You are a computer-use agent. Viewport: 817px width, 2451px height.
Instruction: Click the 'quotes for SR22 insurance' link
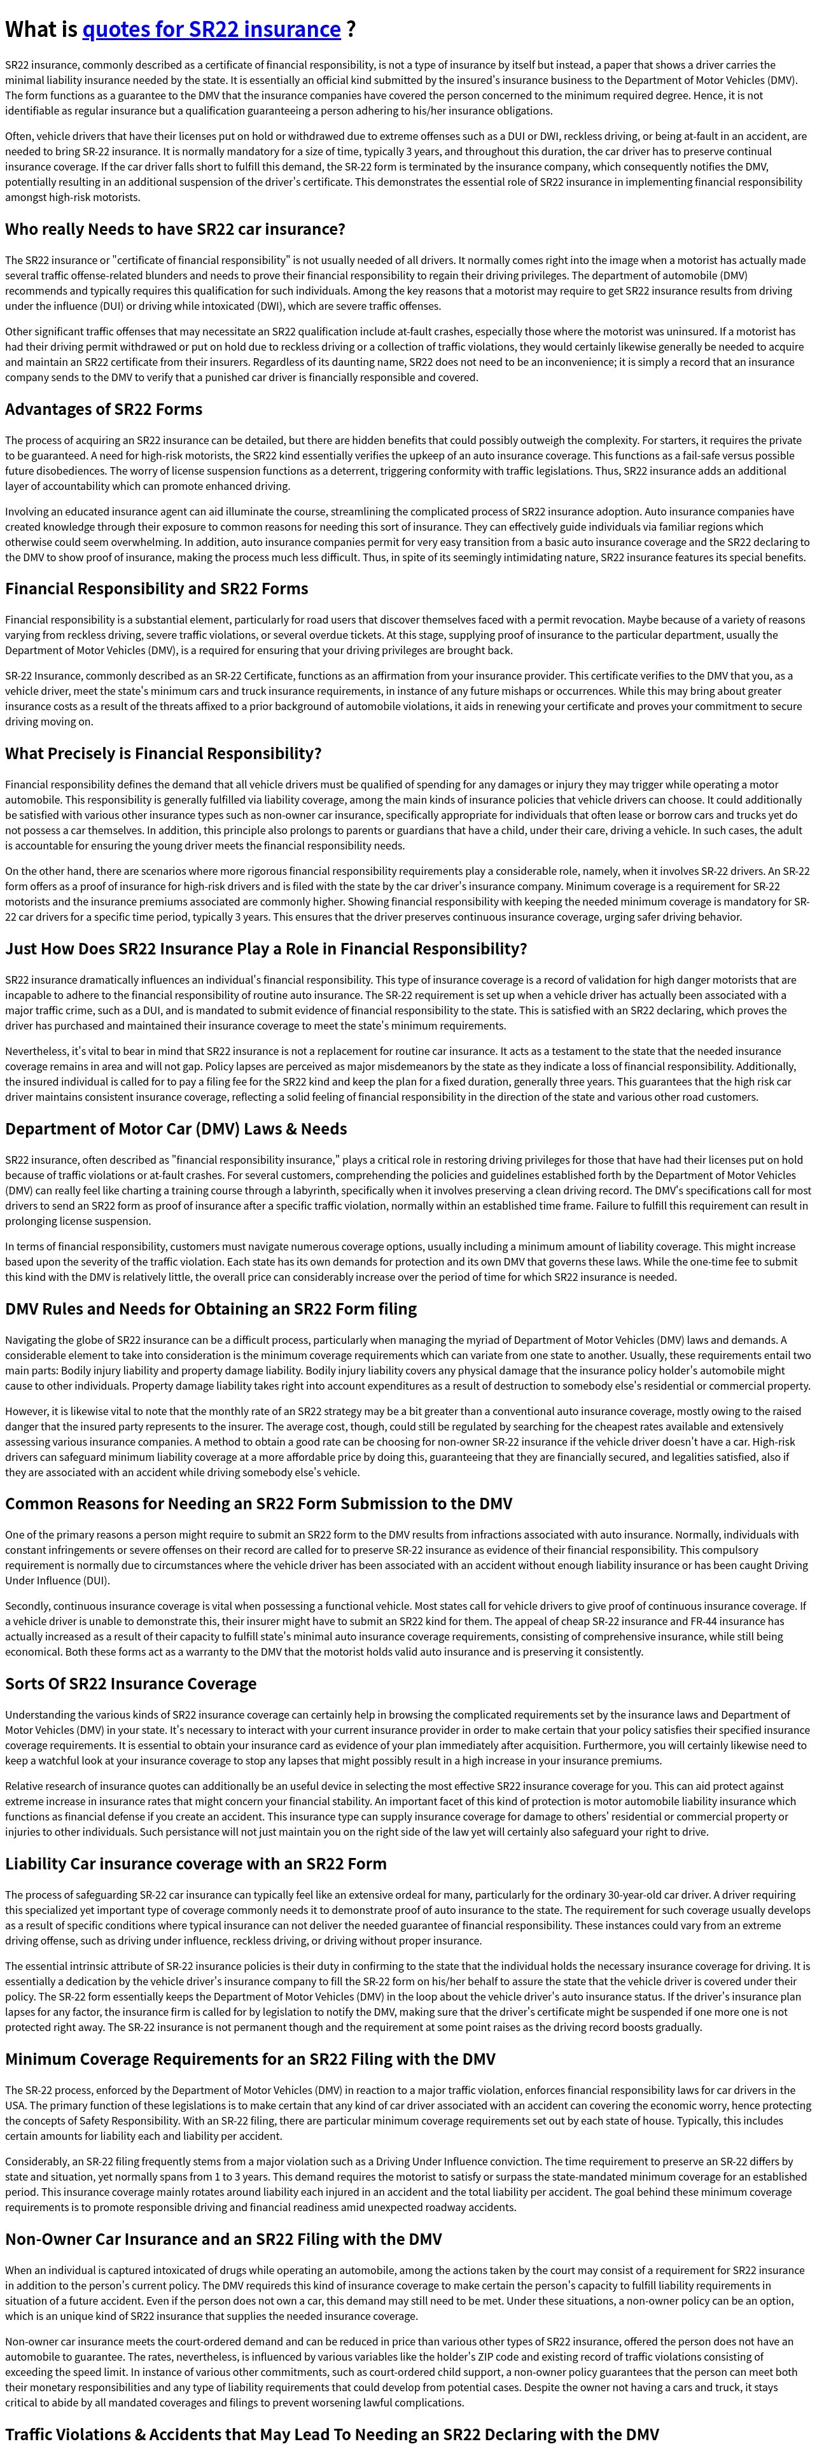211,29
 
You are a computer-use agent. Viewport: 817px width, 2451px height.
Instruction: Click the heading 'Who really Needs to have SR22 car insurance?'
175,229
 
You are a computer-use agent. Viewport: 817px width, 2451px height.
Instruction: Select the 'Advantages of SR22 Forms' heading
104,409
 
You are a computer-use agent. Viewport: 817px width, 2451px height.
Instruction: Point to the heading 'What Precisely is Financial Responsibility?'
164,753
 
